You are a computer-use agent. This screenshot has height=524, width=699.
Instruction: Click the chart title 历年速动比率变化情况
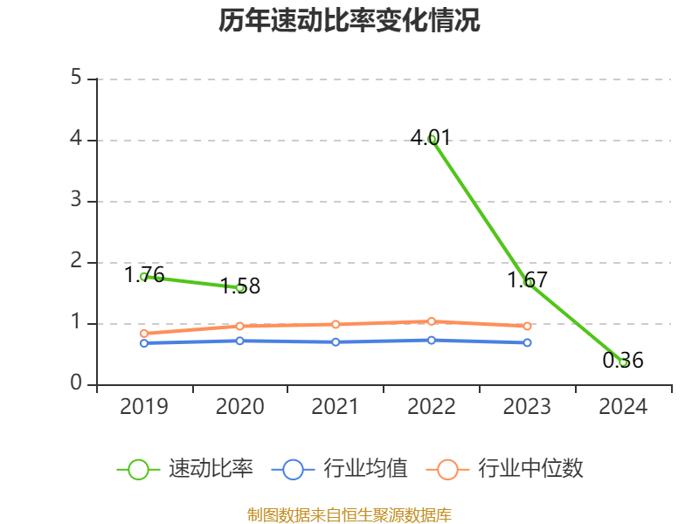click(349, 21)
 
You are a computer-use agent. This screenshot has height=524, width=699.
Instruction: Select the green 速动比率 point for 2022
click(432, 139)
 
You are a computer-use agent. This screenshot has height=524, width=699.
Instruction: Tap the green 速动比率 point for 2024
click(623, 362)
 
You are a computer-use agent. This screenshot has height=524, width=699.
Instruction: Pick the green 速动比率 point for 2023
click(528, 282)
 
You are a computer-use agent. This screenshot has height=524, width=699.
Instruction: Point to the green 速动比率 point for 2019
click(144, 276)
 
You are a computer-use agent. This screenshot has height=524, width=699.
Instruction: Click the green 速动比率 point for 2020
click(240, 287)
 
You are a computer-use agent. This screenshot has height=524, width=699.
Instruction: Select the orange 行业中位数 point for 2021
click(336, 324)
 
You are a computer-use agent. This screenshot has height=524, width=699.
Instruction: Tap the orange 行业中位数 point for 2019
click(144, 334)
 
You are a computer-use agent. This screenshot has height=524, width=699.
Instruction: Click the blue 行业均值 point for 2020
click(240, 341)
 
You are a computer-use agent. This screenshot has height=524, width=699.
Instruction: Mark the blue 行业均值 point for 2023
click(528, 342)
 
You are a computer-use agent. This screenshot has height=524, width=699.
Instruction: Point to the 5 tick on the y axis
click(76, 79)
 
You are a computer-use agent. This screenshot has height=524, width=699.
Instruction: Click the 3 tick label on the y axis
click(76, 201)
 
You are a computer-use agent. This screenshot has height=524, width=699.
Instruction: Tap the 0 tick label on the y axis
click(76, 384)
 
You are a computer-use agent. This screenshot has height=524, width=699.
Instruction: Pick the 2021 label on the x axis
click(336, 407)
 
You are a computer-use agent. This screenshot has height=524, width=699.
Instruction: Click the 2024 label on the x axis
click(623, 407)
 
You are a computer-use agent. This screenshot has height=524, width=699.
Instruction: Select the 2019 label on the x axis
click(144, 407)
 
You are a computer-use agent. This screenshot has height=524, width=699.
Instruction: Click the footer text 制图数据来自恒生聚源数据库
click(349, 514)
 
